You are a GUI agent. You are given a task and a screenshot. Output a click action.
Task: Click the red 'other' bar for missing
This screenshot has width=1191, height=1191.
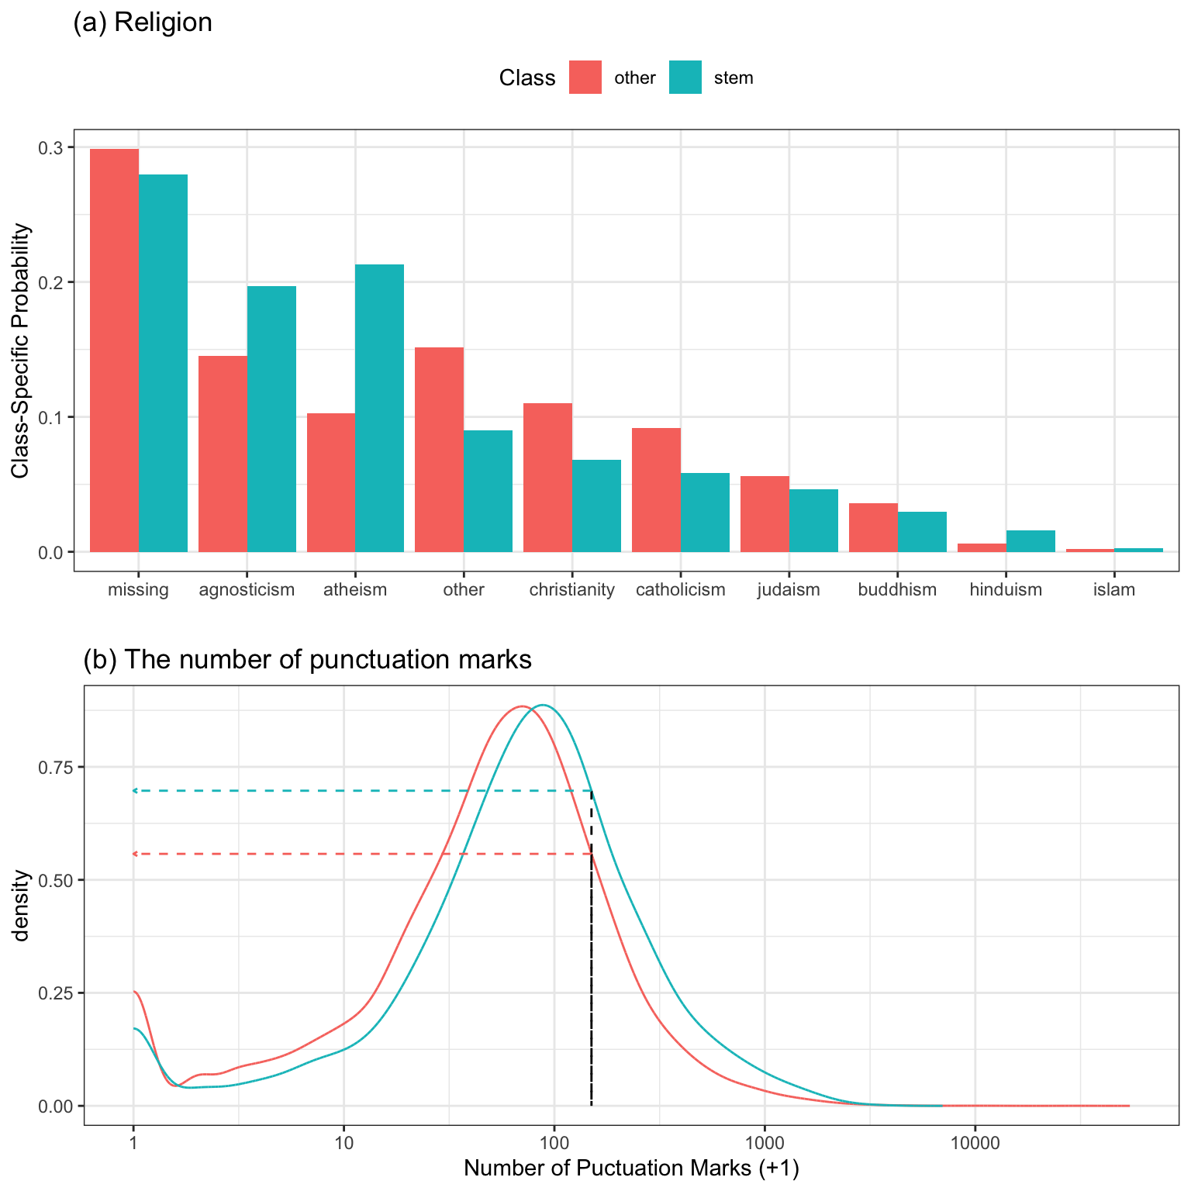pos(115,350)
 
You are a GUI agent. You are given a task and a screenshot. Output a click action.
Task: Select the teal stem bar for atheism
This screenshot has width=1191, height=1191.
pos(379,408)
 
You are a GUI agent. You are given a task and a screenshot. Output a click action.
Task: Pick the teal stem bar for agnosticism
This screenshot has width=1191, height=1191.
pos(271,419)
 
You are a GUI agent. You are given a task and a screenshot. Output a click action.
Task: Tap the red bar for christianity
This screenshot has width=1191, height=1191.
pos(547,477)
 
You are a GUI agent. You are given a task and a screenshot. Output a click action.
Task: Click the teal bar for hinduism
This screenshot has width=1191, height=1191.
pos(1030,541)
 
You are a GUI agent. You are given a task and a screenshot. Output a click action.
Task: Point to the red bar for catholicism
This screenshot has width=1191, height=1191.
pos(656,489)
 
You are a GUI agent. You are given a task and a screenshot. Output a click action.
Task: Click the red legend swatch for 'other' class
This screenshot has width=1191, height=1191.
pos(585,78)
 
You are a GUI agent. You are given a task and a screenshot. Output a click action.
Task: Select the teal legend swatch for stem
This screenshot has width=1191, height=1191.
pos(685,78)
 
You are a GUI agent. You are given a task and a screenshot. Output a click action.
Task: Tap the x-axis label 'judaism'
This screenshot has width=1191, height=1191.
pos(789,589)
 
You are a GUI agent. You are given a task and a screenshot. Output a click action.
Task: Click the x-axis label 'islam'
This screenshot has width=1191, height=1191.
pos(1114,589)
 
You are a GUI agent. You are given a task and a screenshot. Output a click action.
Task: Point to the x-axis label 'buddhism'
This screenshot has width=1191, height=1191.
pos(897,589)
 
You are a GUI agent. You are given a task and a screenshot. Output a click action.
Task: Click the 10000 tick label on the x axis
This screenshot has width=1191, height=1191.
pos(975,1142)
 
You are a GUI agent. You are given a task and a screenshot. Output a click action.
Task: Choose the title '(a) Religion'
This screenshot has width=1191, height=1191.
pos(143,22)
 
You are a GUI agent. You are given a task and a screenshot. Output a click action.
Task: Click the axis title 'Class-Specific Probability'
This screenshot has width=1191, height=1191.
pos(21,350)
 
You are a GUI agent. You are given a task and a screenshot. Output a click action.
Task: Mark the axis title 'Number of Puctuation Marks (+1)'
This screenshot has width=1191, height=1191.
pos(631,1169)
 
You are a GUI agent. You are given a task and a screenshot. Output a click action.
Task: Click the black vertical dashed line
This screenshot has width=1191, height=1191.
pos(591,969)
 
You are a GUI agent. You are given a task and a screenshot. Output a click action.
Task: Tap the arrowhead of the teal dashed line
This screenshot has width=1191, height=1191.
pos(134,791)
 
